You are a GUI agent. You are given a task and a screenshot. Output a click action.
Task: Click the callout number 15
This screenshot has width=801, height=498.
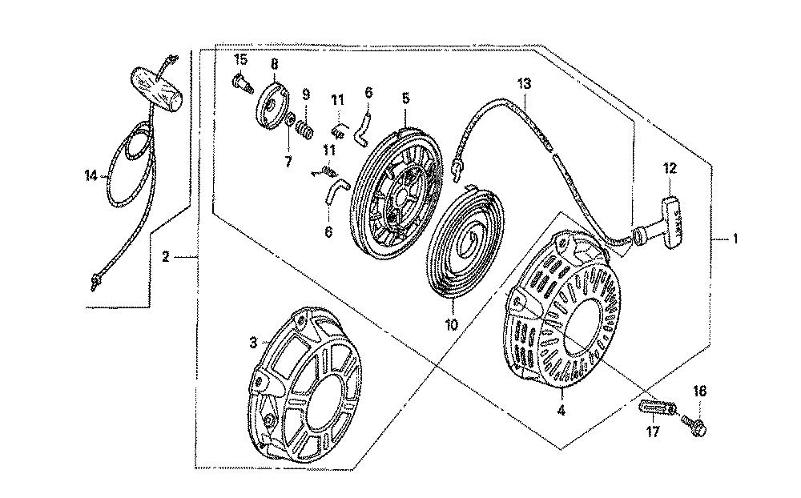click(240, 60)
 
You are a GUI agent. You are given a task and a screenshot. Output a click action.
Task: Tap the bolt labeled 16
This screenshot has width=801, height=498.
click(694, 425)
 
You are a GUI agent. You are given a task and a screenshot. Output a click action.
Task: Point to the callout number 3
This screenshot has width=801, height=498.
click(253, 343)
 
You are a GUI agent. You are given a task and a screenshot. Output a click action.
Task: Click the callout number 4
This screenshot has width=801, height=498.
click(561, 410)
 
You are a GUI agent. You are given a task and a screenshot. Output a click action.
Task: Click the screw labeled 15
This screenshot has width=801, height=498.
click(243, 83)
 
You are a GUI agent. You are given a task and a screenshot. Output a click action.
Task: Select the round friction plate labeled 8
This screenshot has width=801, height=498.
click(272, 105)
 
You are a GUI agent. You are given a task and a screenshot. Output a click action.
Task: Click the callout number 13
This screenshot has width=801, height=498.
click(525, 83)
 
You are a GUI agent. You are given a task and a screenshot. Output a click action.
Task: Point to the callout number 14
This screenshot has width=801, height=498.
click(91, 176)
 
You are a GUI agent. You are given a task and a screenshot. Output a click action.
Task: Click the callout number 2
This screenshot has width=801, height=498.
click(165, 256)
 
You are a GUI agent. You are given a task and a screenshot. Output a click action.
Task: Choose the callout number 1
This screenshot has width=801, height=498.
click(735, 238)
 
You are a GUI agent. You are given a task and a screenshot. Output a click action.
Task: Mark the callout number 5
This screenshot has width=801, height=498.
click(405, 98)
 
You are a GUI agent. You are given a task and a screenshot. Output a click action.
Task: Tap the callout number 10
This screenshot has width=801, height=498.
click(452, 324)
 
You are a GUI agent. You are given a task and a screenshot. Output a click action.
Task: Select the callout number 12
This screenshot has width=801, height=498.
click(670, 167)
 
